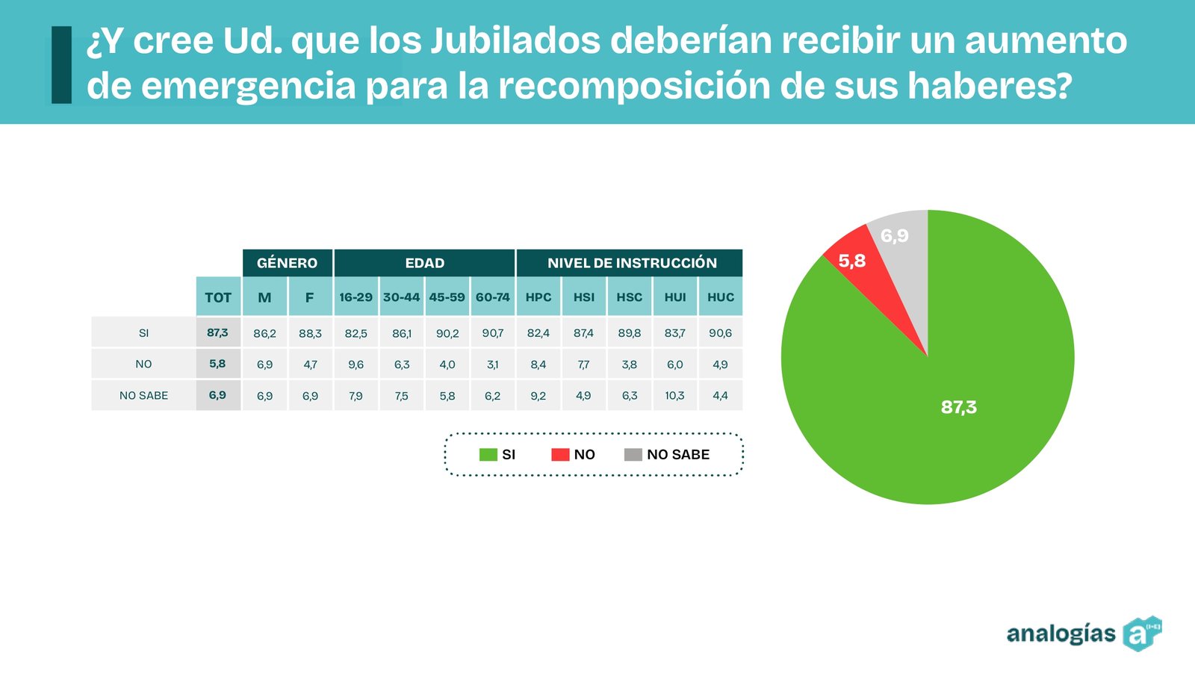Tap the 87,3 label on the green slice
click(x=958, y=407)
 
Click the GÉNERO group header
click(x=287, y=263)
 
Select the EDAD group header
click(x=424, y=263)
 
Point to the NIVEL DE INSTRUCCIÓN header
click(x=631, y=263)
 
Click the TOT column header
click(x=218, y=297)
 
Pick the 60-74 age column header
click(x=492, y=297)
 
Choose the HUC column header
click(x=720, y=297)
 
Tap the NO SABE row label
click(x=143, y=396)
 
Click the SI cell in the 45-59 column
click(x=447, y=333)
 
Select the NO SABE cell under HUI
click(x=674, y=396)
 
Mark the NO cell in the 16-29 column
click(x=356, y=365)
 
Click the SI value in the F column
click(x=310, y=333)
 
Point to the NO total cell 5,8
click(x=217, y=364)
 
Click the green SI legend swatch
click(x=488, y=454)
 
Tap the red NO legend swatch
click(x=560, y=454)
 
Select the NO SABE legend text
click(x=677, y=454)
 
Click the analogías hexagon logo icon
click(x=1141, y=634)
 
